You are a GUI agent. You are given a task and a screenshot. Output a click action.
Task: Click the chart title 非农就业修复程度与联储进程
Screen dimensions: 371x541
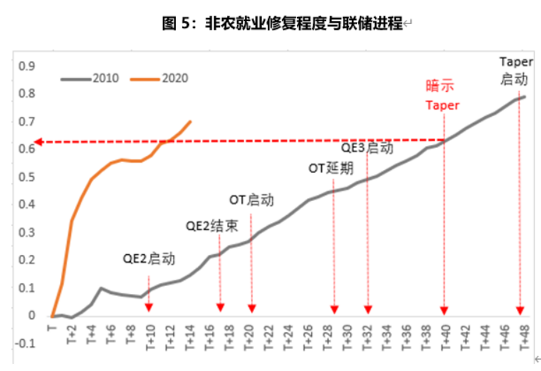(x=281, y=23)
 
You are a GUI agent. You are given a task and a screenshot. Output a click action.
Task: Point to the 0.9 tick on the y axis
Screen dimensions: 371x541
(x=26, y=66)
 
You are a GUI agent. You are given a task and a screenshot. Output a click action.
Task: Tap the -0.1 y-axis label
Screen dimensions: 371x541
(x=25, y=343)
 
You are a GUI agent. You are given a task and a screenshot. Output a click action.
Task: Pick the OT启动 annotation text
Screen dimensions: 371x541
(x=252, y=200)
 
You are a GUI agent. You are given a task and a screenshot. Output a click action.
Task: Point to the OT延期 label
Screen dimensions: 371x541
(x=331, y=169)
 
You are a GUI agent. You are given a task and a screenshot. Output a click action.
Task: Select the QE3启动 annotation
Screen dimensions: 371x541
(x=367, y=149)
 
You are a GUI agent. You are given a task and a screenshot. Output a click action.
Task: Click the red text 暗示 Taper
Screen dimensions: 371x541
(x=441, y=95)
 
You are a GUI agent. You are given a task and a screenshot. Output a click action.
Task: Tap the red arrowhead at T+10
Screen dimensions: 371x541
(x=149, y=308)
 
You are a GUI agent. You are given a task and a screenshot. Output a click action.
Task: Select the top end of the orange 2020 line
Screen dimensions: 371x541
(x=190, y=121)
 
